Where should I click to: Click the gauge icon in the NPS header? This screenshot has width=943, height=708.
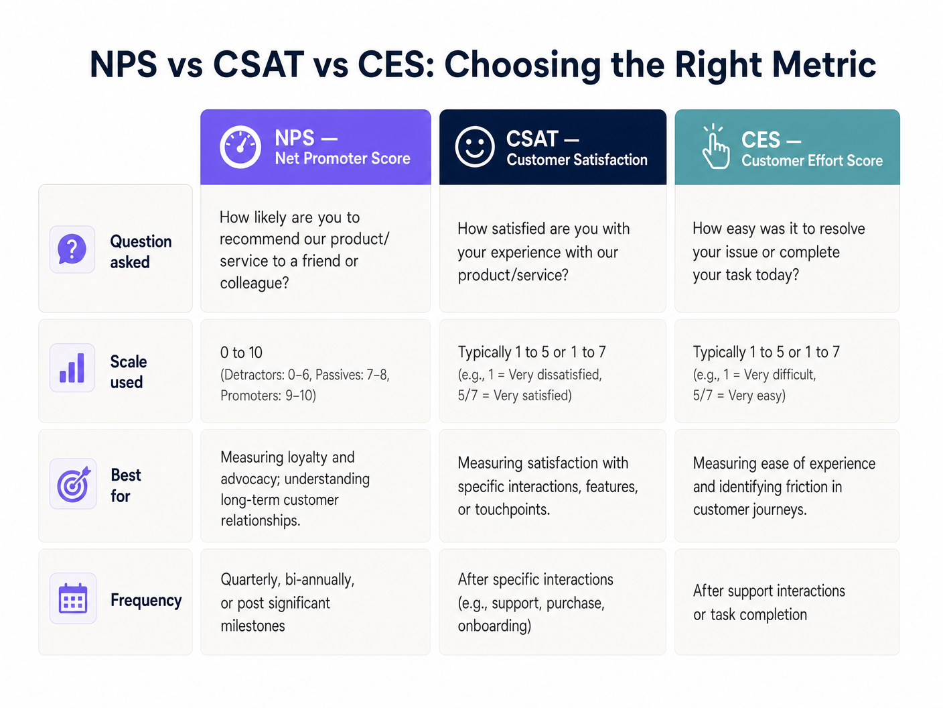(x=240, y=147)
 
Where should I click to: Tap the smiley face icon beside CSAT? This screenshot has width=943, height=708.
(x=475, y=147)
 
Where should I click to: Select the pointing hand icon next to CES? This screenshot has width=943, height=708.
(x=715, y=147)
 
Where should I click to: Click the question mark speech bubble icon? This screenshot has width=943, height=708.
(x=72, y=249)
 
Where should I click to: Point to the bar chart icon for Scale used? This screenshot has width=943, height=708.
(x=72, y=368)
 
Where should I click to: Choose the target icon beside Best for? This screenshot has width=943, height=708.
(x=73, y=484)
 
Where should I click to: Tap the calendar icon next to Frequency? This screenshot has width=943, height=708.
(x=73, y=599)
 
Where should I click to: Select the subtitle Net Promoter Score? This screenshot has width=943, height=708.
(x=342, y=159)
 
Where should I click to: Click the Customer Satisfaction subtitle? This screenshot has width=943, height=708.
(x=577, y=160)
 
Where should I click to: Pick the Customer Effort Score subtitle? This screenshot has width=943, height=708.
(x=812, y=161)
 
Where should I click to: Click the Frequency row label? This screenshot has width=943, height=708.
(x=146, y=600)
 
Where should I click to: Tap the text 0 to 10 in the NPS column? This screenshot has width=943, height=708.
(x=241, y=353)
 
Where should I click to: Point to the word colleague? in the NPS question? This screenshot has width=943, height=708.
(x=255, y=283)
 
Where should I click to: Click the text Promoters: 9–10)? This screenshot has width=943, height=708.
(x=268, y=396)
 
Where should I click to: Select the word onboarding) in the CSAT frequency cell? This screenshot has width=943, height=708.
(x=494, y=626)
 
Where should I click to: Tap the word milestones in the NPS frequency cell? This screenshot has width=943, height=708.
(x=252, y=626)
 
